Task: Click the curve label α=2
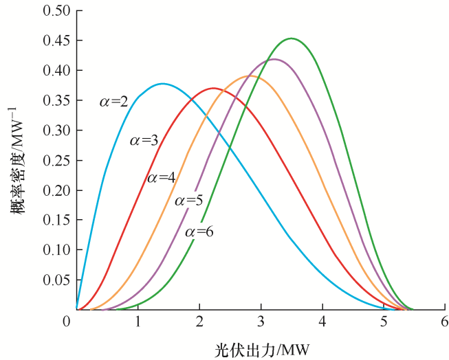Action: pos(113,102)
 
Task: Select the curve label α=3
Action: pos(144,141)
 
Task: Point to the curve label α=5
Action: pos(188,201)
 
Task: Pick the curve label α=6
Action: pos(199,232)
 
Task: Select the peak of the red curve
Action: pos(213,88)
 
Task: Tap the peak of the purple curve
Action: pos(274,59)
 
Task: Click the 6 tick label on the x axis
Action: pos(444,322)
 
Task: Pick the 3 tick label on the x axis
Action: pos(261,322)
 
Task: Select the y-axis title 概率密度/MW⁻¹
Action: pos(17,160)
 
